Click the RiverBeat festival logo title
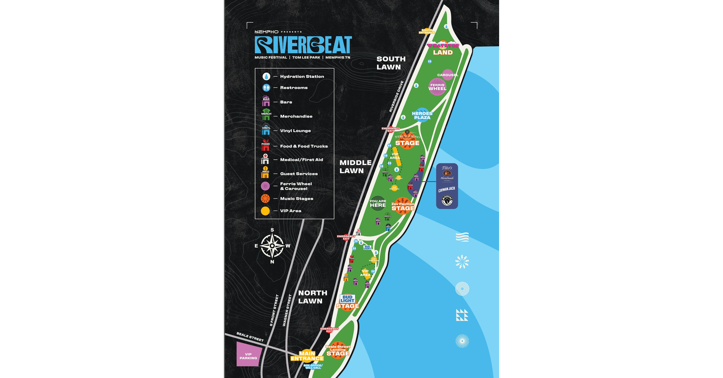point(303,45)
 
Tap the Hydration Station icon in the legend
point(266,76)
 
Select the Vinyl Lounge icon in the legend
point(266,130)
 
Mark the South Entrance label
point(427,31)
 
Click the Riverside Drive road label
point(396,96)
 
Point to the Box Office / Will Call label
point(313,367)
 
